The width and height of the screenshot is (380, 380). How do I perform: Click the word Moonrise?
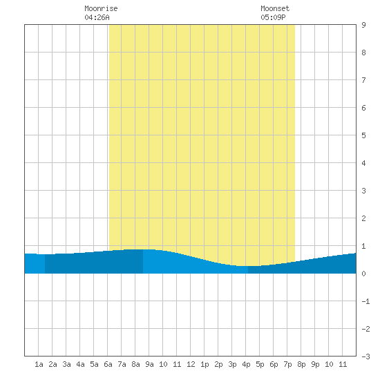101,8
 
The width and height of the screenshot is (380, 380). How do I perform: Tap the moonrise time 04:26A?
97,17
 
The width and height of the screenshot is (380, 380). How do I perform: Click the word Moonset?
275,8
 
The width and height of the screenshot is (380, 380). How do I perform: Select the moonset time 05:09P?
273,17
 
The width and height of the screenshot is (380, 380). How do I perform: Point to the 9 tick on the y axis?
363,25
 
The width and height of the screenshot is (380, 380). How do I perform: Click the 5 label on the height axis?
363,135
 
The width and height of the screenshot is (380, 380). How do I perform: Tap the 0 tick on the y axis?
363,274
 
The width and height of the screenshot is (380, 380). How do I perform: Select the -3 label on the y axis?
365,357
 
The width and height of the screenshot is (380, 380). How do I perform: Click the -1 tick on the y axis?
365,301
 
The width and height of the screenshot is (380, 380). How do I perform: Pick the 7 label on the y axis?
363,80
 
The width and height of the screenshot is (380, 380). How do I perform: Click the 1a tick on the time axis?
39,364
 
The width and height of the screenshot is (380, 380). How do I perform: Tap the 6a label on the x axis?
108,364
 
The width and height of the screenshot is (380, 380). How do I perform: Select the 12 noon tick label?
191,364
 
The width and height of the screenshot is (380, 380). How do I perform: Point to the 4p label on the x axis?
246,365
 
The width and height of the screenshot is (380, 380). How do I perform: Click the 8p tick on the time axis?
301,365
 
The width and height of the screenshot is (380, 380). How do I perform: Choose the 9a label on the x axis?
149,364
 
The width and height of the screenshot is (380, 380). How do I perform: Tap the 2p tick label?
218,365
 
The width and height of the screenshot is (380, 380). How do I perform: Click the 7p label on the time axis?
287,365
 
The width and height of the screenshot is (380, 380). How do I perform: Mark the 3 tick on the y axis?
363,191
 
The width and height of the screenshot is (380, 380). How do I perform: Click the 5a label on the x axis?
94,364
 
